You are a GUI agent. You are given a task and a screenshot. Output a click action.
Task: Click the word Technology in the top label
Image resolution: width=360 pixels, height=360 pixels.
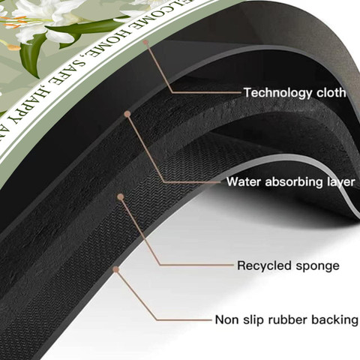tap(278, 93)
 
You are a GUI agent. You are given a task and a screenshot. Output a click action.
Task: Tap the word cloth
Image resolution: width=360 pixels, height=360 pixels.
tap(331, 92)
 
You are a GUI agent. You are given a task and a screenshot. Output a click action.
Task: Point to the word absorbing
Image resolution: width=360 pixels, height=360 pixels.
tap(294, 181)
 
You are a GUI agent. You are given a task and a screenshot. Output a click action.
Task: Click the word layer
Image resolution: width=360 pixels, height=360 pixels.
tap(340, 182)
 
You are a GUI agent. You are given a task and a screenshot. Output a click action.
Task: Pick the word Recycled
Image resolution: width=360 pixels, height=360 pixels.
tap(265, 265)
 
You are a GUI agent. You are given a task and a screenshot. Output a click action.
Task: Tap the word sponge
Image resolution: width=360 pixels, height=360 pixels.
tap(317, 266)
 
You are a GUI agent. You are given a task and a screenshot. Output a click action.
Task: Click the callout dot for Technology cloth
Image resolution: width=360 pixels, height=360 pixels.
tap(145, 43)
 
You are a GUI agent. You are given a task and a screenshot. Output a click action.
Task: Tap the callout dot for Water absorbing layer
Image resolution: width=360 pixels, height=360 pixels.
tap(127, 114)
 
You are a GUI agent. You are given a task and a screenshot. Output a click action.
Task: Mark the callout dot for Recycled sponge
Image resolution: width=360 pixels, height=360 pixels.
tap(121, 196)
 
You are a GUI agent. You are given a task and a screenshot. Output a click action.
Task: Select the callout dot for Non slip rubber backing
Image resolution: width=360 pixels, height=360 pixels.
tap(115, 269)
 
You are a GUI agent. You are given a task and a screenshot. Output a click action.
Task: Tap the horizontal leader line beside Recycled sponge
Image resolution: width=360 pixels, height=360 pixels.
tap(196, 265)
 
